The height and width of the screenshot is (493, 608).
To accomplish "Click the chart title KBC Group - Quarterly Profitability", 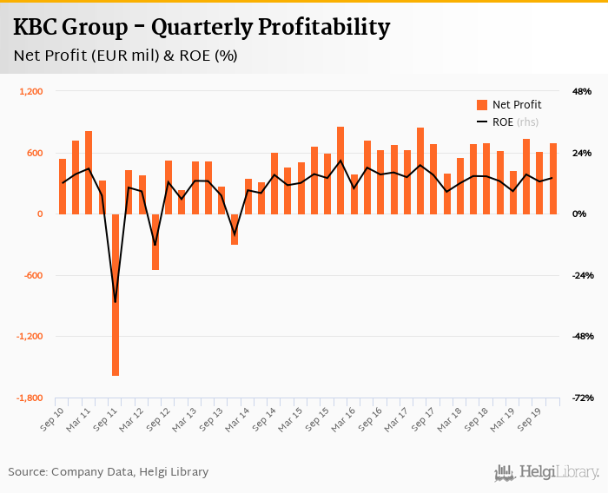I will [201, 28].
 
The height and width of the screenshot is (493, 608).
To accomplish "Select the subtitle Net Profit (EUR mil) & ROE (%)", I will [126, 56].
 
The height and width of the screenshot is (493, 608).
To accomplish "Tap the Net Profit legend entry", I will [516, 105].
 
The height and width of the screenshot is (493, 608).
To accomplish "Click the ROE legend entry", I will [513, 122].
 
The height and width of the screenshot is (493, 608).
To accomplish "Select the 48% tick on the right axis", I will [581, 91].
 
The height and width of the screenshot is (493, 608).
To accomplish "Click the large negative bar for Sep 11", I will [116, 295].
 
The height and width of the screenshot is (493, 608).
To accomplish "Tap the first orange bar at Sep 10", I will [63, 187].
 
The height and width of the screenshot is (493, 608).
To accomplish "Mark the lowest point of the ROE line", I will [116, 302].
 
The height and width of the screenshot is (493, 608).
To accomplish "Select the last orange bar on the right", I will [552, 179].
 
